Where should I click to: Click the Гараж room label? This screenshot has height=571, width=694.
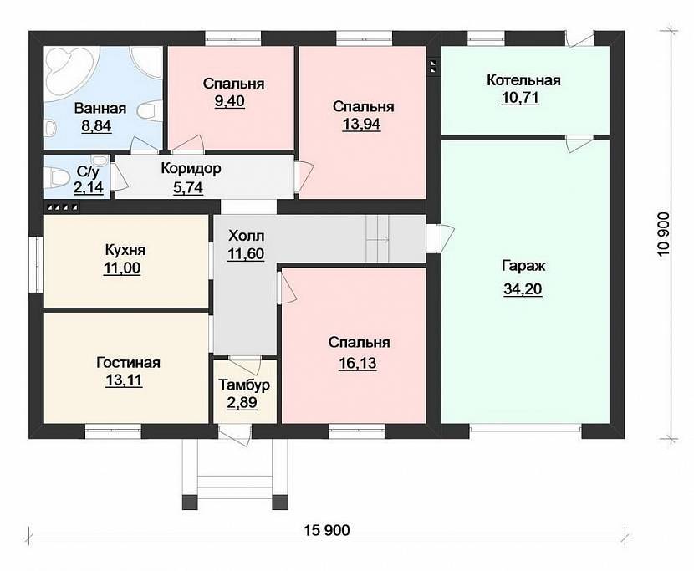(x=523, y=267)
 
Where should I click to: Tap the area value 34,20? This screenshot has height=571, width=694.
(x=523, y=289)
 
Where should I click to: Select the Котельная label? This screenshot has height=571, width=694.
(x=523, y=80)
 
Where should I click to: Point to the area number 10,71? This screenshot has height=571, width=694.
(x=520, y=97)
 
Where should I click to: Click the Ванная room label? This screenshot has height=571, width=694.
(x=100, y=109)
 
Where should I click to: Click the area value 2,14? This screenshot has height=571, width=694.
(x=89, y=187)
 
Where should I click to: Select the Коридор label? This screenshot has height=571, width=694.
(x=191, y=169)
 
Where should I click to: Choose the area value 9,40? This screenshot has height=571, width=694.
(x=229, y=101)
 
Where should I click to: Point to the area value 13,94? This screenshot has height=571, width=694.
(x=361, y=125)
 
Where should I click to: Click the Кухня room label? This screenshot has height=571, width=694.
(x=125, y=250)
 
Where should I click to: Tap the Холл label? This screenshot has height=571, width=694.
(x=246, y=236)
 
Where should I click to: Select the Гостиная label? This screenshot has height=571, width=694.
(x=129, y=363)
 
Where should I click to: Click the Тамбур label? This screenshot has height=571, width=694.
(x=244, y=385)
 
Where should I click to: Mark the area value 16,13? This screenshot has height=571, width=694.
(x=358, y=363)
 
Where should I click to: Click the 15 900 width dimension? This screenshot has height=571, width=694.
(x=327, y=530)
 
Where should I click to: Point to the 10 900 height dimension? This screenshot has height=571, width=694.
(x=664, y=235)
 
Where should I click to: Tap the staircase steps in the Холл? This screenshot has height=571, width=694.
(x=378, y=239)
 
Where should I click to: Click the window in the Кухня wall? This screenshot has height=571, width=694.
(x=37, y=265)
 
